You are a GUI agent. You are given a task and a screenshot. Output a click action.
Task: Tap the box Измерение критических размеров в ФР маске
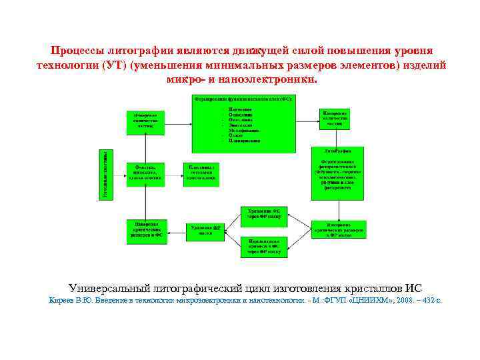pyautogui.click(x=338, y=229)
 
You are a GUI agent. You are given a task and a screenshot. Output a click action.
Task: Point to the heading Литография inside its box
pyautogui.click(x=338, y=151)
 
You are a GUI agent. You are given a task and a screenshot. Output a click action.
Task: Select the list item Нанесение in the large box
pyautogui.click(x=239, y=109)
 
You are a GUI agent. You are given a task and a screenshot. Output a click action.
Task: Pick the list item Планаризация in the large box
pyautogui.click(x=244, y=141)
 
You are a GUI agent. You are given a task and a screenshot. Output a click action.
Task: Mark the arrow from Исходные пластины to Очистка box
pyautogui.click(x=121, y=174)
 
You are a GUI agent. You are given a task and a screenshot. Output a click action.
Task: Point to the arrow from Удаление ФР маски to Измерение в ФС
pyautogui.click(x=177, y=231)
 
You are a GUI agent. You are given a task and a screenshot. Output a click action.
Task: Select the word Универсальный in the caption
pyautogui.click(x=112, y=288)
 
